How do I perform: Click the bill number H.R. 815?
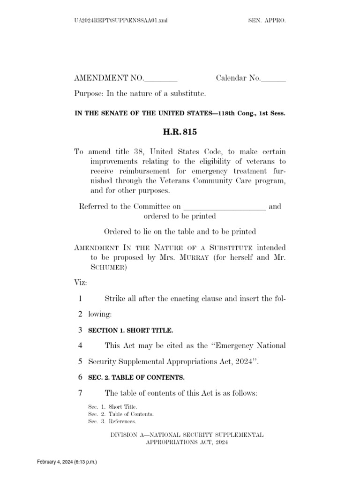(180, 132)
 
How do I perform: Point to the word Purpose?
(89, 94)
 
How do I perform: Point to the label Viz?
(81, 283)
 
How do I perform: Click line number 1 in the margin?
(80, 299)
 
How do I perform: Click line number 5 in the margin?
(80, 361)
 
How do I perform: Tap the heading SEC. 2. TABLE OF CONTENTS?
(136, 377)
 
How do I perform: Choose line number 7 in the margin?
(80, 393)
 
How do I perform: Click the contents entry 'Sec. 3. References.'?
(112, 421)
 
